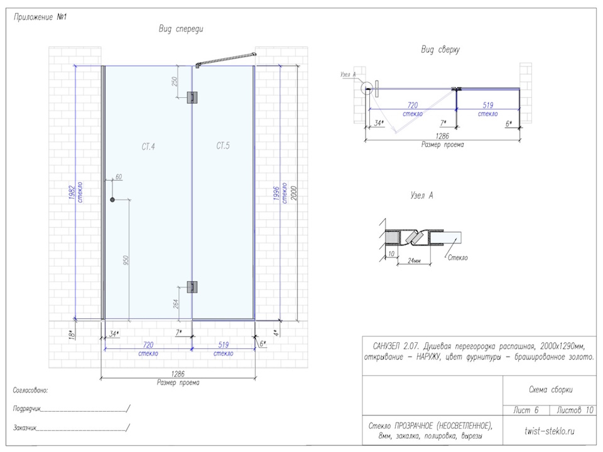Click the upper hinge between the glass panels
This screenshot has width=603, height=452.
tap(192, 97)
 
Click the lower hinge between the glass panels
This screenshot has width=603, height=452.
tap(192, 287)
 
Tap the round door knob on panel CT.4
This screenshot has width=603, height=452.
tap(112, 200)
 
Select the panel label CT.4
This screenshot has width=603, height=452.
tap(148, 146)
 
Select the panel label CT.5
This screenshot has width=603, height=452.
tap(223, 146)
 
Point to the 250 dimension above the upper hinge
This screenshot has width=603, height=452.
tap(174, 82)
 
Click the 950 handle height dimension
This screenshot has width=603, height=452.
tap(126, 260)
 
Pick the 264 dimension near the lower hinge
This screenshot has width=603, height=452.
tap(176, 304)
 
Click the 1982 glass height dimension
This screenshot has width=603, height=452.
tap(72, 193)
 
